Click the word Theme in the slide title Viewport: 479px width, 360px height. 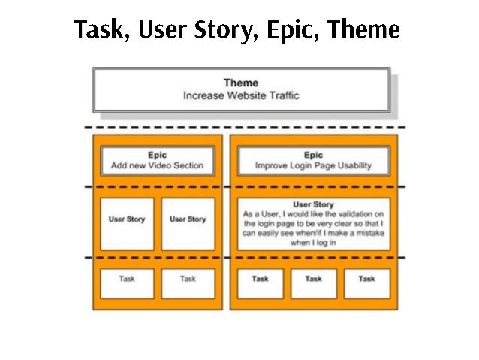[x=366, y=30]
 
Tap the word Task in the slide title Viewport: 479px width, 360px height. [x=98, y=30]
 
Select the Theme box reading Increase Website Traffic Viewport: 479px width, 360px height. [x=241, y=89]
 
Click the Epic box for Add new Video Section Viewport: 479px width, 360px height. [x=158, y=160]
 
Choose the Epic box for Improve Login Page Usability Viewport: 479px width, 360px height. [x=313, y=160]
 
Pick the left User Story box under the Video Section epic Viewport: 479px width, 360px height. [x=127, y=223]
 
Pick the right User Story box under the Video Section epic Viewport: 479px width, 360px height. [x=188, y=223]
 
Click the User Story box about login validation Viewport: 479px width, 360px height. [x=313, y=223]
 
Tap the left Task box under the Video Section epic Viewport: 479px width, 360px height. [x=127, y=283]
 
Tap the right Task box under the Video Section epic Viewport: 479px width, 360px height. [x=188, y=283]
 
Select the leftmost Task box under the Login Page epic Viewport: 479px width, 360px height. [x=260, y=283]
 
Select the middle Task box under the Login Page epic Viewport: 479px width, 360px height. [x=313, y=283]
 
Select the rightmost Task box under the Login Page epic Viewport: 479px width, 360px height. [x=366, y=283]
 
